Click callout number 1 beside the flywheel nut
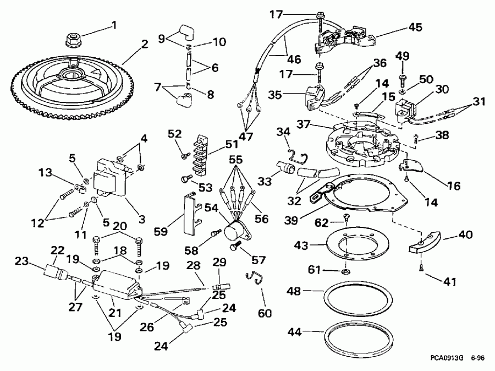tap(114, 24)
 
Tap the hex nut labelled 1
tap(71, 38)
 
